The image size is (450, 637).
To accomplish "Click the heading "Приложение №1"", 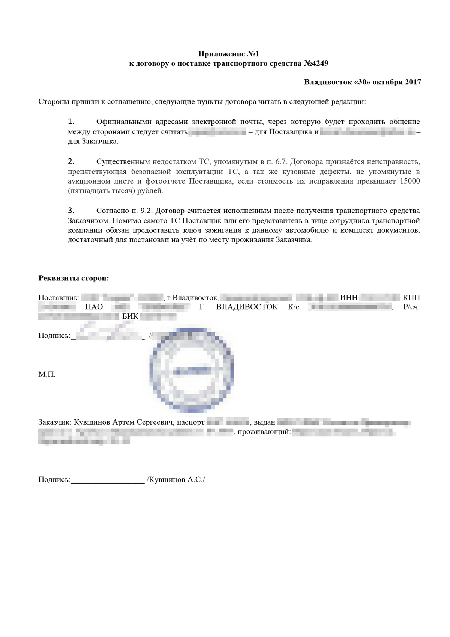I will [x=228, y=54].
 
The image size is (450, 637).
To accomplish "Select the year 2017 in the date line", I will [x=412, y=82].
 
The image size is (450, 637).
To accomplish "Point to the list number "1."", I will [x=71, y=122].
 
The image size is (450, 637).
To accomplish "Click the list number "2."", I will [x=71, y=162].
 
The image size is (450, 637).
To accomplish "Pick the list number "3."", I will [x=71, y=211].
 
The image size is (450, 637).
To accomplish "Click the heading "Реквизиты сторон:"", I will [x=73, y=279].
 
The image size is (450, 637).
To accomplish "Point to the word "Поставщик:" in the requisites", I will [x=59, y=298].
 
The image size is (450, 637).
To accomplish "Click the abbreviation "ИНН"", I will [x=349, y=298].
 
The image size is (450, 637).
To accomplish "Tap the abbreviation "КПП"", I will [x=411, y=298].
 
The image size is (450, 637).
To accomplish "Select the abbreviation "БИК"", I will [x=130, y=316].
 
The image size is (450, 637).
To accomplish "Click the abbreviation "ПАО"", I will [x=94, y=307].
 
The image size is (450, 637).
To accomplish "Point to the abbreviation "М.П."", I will [x=47, y=375].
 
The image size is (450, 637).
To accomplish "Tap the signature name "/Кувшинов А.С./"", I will [x=176, y=480].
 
